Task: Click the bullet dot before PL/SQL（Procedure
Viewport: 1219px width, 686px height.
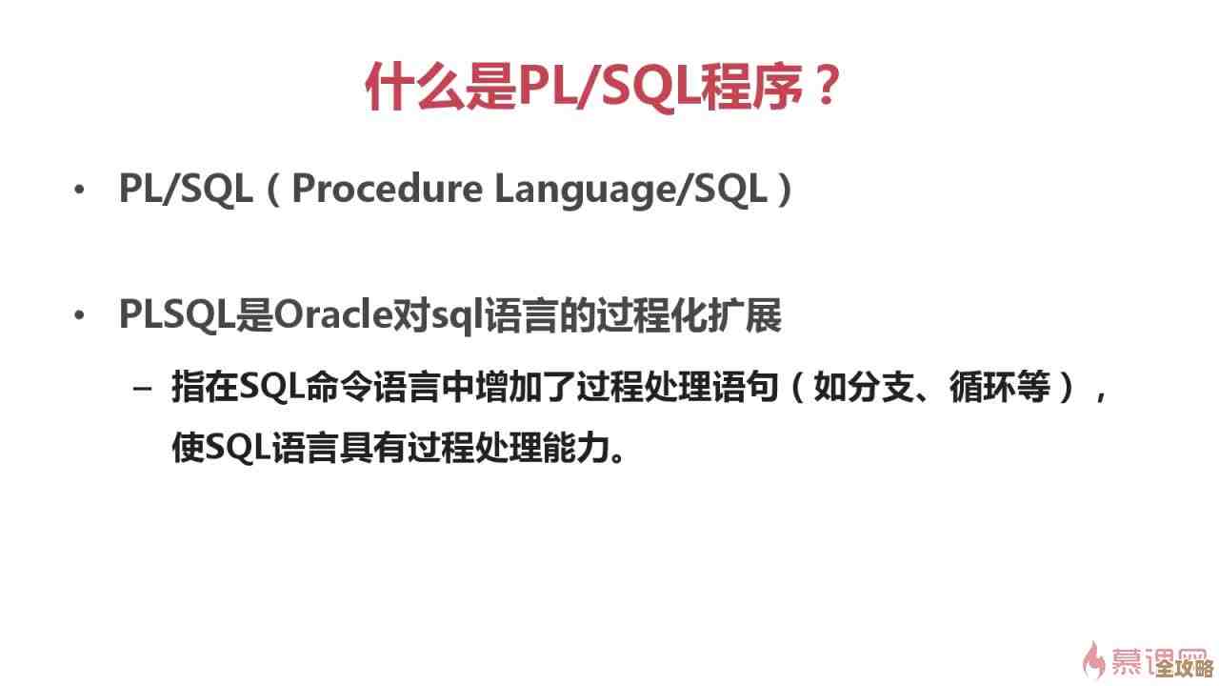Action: click(x=79, y=191)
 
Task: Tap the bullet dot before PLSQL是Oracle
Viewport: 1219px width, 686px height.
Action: click(x=79, y=316)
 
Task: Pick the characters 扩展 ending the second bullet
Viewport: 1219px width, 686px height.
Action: click(x=749, y=315)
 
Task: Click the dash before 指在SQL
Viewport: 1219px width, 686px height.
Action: click(x=143, y=390)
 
